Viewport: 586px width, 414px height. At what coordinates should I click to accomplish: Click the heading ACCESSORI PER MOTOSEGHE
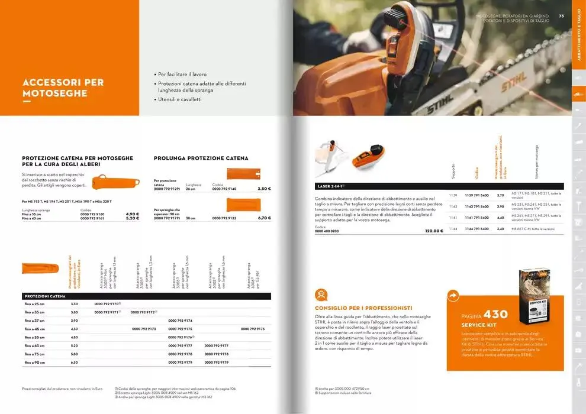click(63, 88)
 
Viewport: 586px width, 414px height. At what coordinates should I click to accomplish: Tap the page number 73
click(561, 16)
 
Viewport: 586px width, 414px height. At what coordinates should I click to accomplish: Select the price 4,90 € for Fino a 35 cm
click(133, 214)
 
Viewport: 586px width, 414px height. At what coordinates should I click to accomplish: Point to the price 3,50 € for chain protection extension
click(264, 189)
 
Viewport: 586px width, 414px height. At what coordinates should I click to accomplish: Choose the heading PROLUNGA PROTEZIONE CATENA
click(201, 159)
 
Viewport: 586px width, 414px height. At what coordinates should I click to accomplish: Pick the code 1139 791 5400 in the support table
click(476, 195)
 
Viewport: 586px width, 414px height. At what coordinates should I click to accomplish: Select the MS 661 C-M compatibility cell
click(533, 229)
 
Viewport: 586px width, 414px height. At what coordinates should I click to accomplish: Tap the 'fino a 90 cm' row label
click(35, 362)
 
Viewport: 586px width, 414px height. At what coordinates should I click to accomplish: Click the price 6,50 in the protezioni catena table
click(75, 362)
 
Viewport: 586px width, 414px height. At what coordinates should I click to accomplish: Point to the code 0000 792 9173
click(144, 328)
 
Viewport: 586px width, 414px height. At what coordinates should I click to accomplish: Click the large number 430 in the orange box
click(495, 314)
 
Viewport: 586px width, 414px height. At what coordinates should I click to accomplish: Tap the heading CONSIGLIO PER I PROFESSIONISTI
click(363, 308)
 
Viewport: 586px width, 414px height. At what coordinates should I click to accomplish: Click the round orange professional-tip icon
click(322, 295)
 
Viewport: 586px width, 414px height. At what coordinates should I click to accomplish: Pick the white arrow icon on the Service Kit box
click(454, 295)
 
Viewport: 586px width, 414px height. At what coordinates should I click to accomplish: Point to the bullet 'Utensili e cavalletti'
click(179, 99)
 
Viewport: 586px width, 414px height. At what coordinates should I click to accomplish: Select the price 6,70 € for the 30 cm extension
click(264, 218)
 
